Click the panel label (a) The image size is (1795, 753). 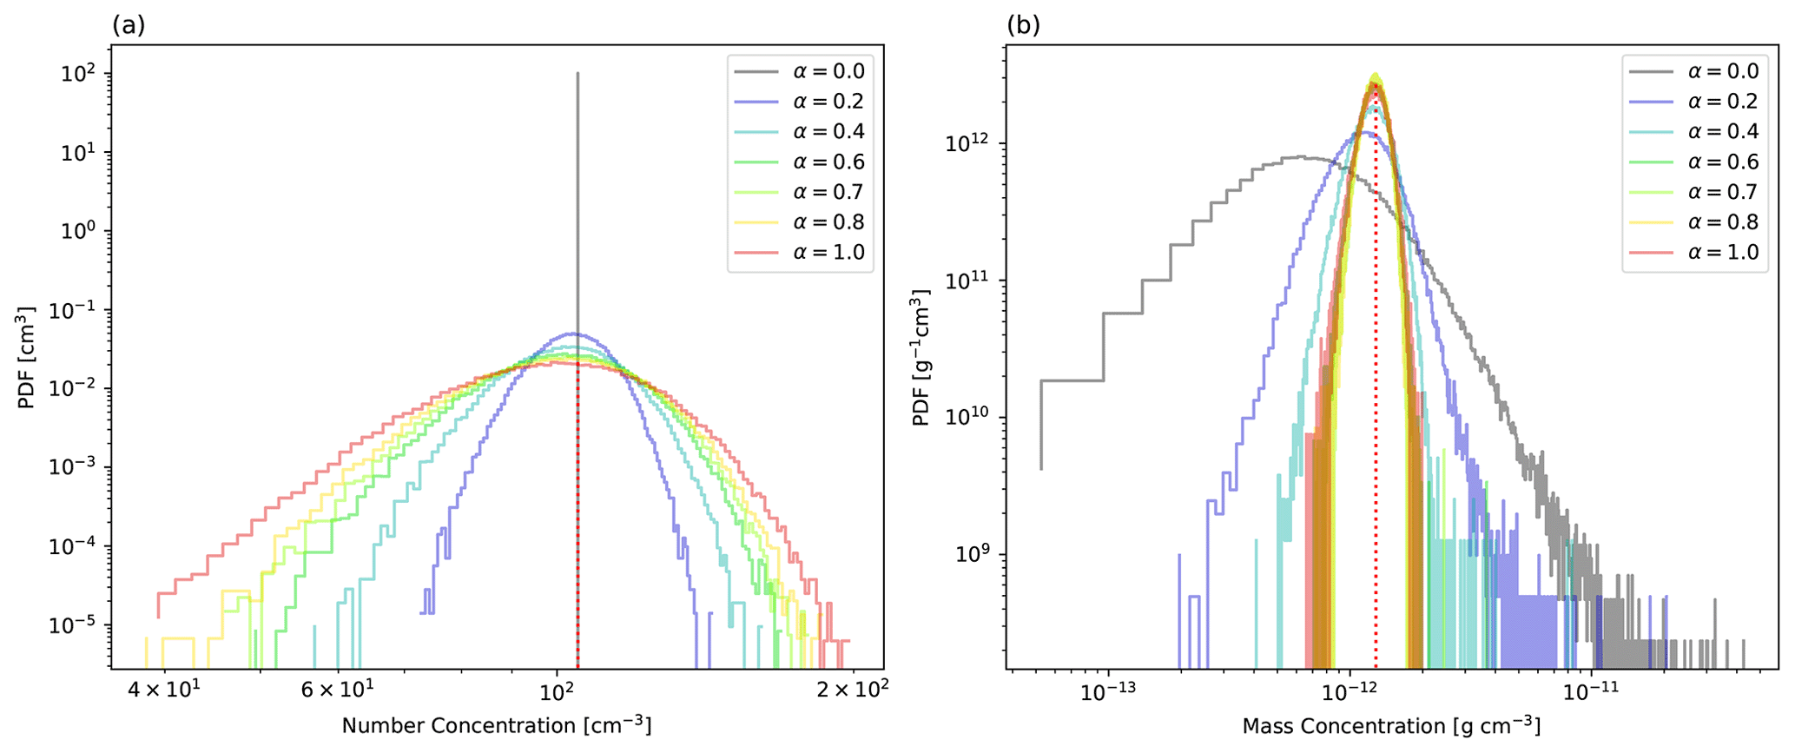[128, 25]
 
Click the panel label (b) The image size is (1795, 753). [1023, 25]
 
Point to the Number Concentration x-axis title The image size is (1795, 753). [496, 725]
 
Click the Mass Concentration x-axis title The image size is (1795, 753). [1391, 725]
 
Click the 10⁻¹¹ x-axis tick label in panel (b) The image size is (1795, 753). [1591, 692]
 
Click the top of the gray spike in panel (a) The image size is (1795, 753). [577, 74]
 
